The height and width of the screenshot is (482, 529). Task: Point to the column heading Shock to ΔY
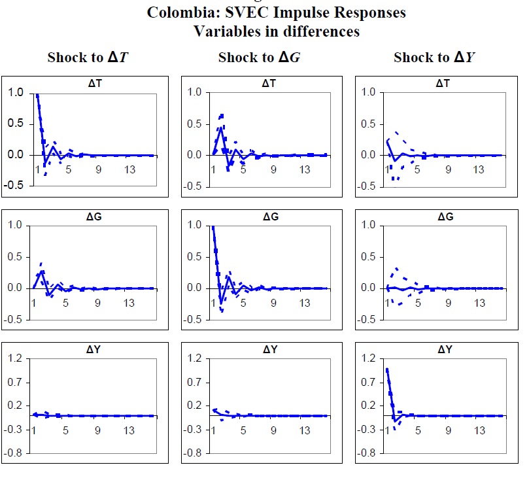tap(433, 58)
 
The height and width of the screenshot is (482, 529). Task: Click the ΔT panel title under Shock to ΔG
tap(269, 84)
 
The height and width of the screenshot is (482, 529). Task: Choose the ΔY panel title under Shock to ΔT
tap(92, 350)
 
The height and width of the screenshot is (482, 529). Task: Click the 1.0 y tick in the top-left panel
tap(15, 92)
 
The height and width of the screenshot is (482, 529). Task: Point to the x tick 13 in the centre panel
tap(305, 303)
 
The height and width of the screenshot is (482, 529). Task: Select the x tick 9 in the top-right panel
tap(449, 169)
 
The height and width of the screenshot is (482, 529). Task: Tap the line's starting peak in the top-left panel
tap(37, 94)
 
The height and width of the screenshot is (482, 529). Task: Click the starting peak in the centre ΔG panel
tap(213, 227)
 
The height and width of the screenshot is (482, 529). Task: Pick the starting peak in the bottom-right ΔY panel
tap(387, 369)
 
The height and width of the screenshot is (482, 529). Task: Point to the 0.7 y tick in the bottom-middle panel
tap(192, 382)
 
